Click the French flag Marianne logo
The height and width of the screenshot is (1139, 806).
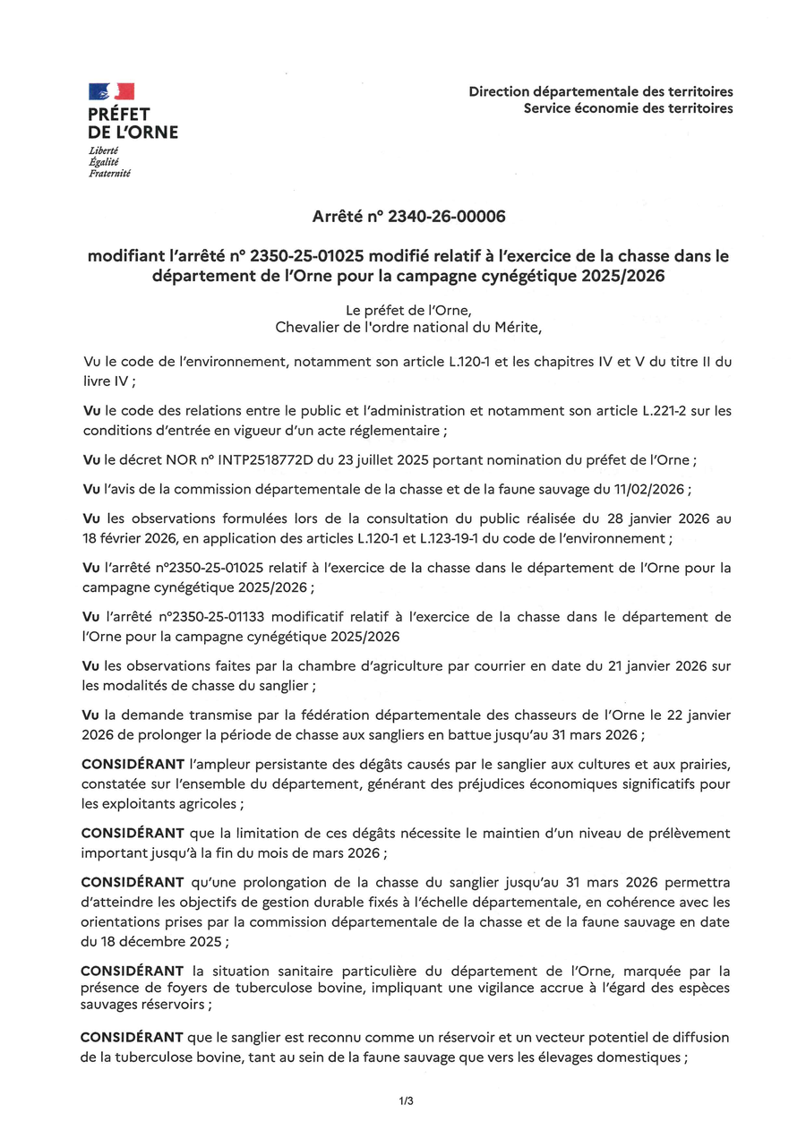click(x=111, y=91)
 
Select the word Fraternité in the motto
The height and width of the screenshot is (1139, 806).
click(x=109, y=173)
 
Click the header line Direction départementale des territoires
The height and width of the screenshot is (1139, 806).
click(x=600, y=91)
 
